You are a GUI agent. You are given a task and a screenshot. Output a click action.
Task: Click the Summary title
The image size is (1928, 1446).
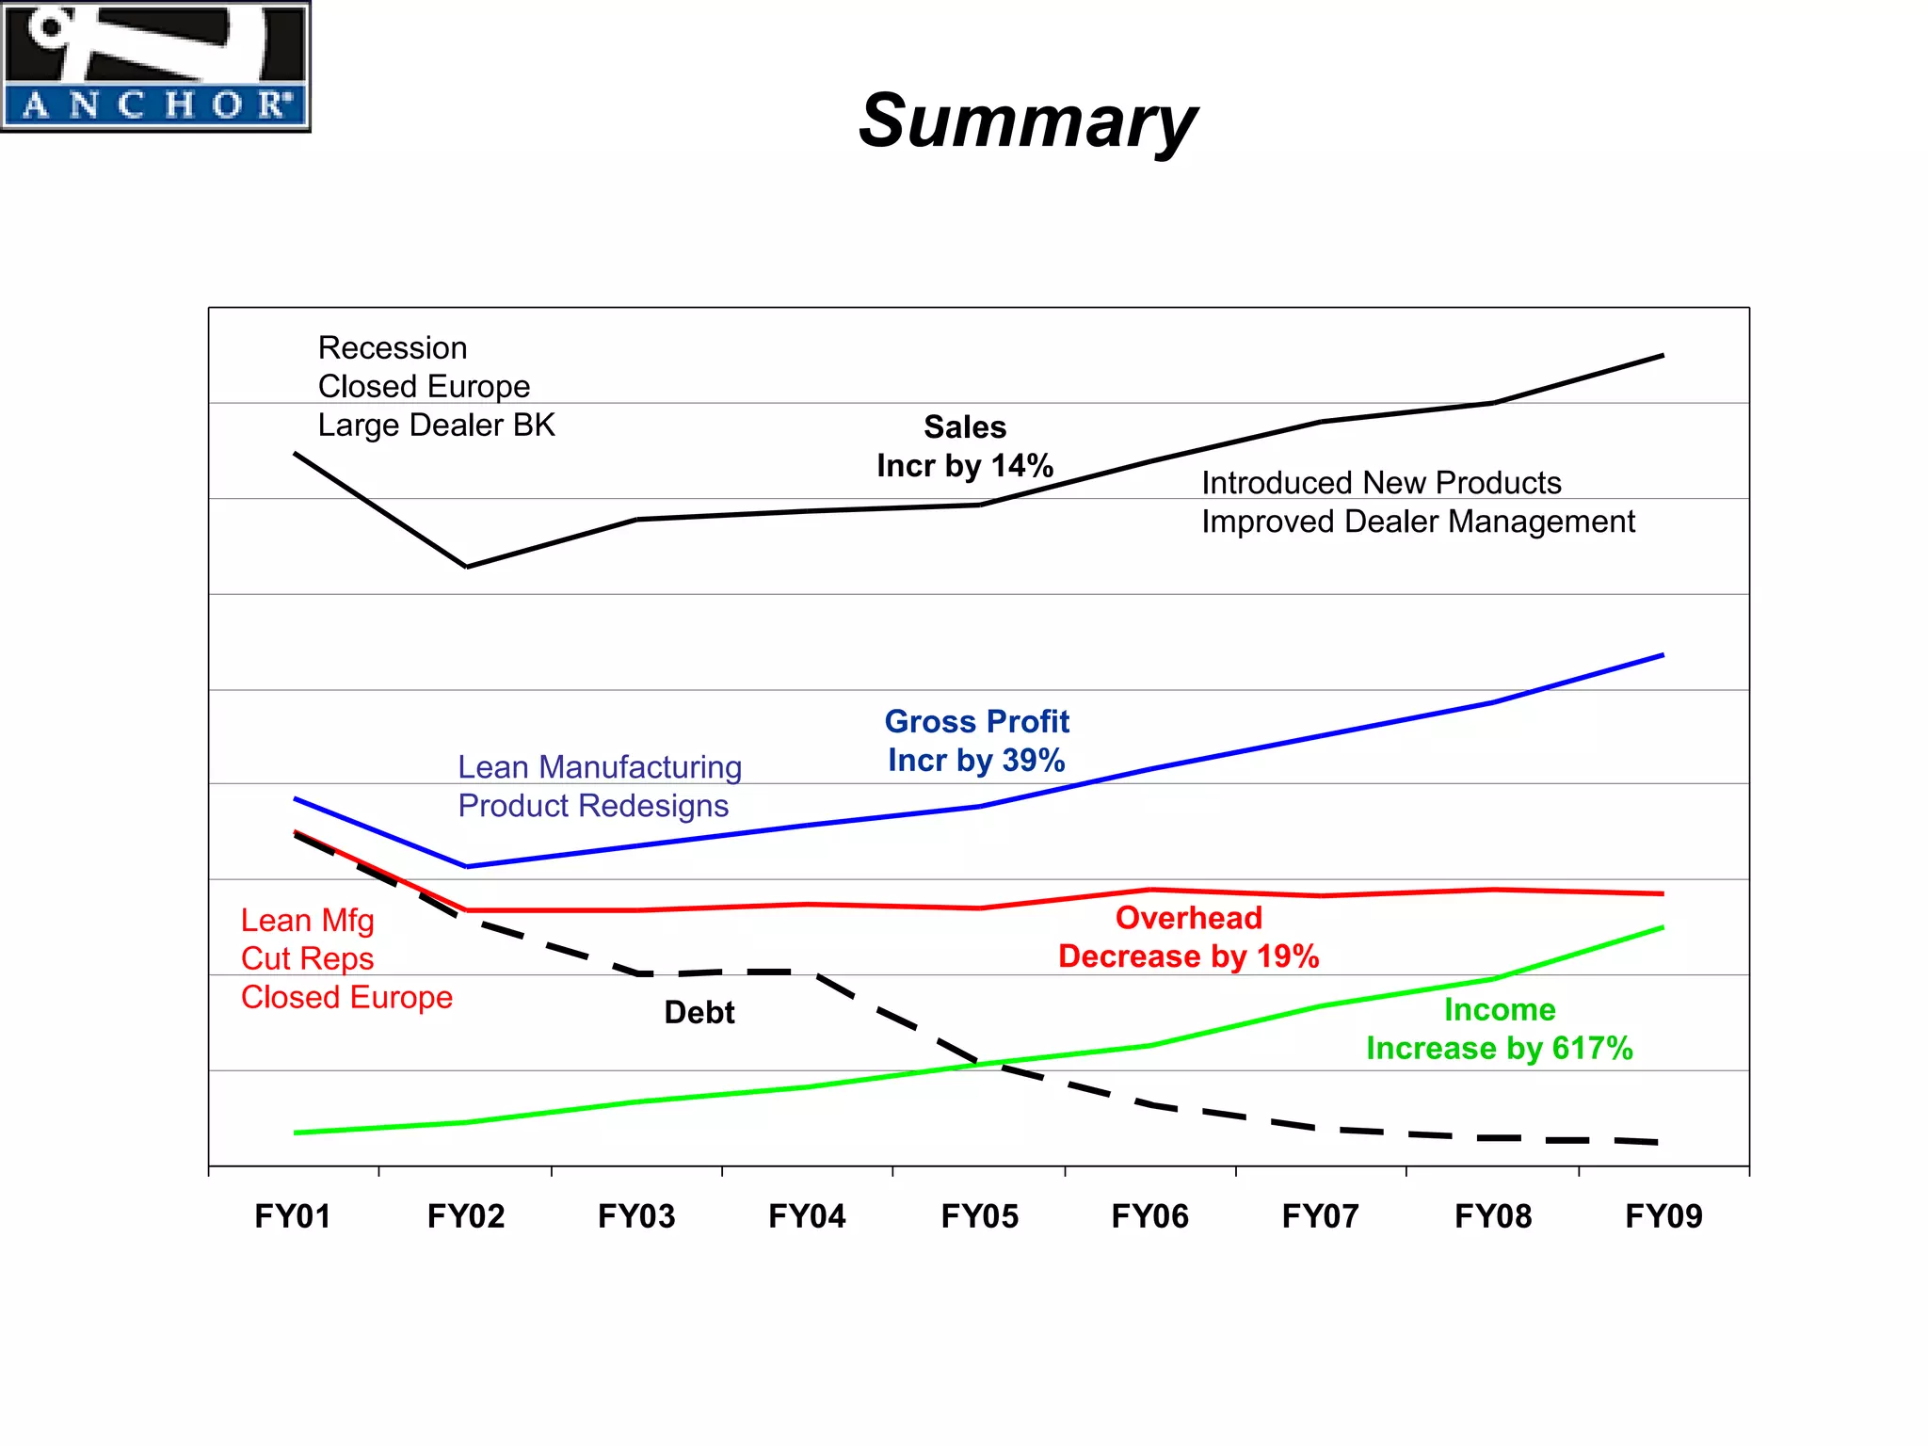(x=1027, y=120)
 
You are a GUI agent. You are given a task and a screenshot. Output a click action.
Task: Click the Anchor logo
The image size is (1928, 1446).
(x=155, y=66)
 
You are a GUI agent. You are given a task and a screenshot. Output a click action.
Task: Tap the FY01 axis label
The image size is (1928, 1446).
(x=293, y=1216)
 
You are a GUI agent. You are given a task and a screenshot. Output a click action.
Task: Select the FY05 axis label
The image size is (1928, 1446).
(x=979, y=1216)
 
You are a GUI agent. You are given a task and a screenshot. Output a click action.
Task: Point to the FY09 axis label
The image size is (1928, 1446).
(x=1663, y=1216)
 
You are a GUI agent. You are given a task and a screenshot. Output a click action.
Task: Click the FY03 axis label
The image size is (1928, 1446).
(x=636, y=1216)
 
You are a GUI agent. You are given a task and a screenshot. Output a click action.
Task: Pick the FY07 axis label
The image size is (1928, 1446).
(x=1320, y=1216)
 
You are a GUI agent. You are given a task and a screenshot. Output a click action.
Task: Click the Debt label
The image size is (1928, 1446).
(x=699, y=1012)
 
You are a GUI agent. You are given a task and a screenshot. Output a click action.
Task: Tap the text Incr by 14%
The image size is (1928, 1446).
(x=964, y=466)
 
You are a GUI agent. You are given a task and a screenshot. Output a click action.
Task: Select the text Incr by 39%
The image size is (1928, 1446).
(x=976, y=761)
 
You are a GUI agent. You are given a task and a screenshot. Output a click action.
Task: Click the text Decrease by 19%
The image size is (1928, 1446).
(x=1188, y=956)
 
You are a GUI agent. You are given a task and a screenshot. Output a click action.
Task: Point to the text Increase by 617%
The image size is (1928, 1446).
(x=1499, y=1049)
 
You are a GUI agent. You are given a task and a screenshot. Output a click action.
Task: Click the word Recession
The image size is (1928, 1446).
(x=393, y=348)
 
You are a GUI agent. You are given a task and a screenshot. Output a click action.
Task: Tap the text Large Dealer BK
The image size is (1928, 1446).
(x=436, y=426)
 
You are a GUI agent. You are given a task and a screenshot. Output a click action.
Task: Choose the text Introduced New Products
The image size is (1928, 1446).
(x=1381, y=483)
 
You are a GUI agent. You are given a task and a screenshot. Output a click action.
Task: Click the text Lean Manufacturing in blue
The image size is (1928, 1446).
(x=600, y=767)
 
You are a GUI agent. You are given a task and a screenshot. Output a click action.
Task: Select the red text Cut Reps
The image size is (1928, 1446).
(x=307, y=958)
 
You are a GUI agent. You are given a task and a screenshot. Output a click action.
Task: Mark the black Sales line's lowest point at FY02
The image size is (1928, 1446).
(x=467, y=567)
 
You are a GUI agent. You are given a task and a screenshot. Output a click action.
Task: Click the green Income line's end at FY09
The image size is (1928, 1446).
(x=1663, y=927)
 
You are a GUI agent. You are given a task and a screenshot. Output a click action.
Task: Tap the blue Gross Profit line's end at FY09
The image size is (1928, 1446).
(x=1663, y=655)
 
